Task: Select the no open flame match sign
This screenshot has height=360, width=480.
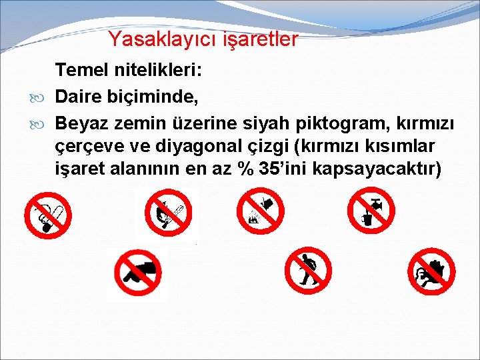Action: pyautogui.click(x=166, y=213)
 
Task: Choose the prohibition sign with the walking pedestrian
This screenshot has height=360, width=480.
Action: pyautogui.click(x=307, y=270)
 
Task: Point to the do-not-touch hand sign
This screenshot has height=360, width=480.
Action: pyautogui.click(x=431, y=271)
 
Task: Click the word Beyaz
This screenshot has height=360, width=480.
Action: pyautogui.click(x=81, y=123)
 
